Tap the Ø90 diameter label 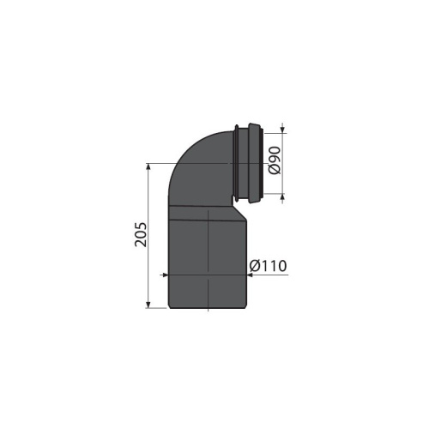274,160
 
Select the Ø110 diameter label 266,266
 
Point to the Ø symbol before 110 254,266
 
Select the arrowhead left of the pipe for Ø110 165,275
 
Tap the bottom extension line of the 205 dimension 159,307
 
